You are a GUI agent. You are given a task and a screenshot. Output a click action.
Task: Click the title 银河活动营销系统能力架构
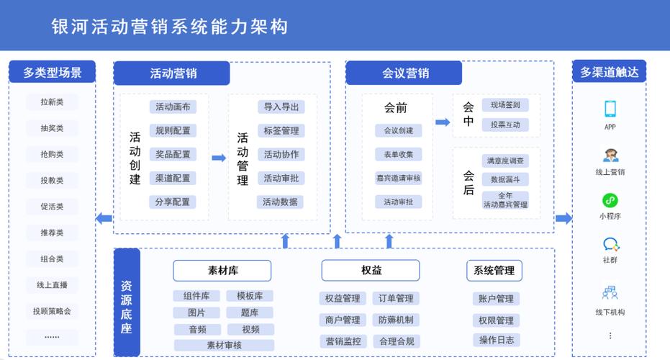170,27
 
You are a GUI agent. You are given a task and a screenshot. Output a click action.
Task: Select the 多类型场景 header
52,72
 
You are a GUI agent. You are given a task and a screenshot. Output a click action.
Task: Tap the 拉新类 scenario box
52,102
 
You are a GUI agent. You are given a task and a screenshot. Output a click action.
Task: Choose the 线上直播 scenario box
52,285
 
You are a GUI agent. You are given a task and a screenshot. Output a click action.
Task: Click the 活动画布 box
173,107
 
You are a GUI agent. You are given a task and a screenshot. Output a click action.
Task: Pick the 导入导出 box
281,107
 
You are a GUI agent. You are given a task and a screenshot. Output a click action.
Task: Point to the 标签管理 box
281,131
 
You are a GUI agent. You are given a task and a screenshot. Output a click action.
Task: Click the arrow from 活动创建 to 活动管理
219,158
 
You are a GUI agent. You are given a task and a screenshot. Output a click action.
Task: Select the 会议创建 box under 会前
398,131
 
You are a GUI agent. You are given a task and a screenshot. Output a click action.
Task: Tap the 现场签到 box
505,105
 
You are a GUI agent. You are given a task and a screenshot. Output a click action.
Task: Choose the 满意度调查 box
505,161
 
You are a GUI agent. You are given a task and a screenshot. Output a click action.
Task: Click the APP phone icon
610,109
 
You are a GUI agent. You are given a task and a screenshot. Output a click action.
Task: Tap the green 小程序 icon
610,201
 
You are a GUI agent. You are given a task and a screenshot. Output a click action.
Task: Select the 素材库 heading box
222,271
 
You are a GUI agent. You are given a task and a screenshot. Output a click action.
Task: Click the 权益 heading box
371,271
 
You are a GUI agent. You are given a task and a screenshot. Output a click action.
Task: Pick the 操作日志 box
496,340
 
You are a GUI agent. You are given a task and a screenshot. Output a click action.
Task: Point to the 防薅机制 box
396,320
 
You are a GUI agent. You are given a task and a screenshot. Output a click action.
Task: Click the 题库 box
250,313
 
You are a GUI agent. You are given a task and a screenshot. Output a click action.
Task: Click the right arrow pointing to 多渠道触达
563,218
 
